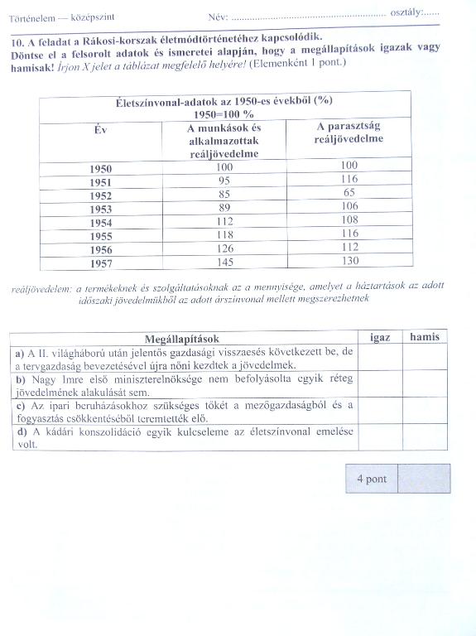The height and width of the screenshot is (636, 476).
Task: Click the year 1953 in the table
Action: [x=101, y=209]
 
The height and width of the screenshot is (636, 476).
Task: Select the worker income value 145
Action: [x=224, y=262]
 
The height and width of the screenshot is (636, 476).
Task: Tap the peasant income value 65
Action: [x=349, y=192]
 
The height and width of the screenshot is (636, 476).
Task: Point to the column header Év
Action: [x=101, y=130]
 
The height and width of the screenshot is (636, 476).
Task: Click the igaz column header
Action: [x=380, y=337]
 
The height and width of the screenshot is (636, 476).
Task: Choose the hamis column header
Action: [x=425, y=337]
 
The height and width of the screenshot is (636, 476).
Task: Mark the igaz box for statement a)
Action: [x=380, y=357]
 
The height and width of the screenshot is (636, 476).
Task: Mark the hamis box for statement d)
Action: [x=425, y=438]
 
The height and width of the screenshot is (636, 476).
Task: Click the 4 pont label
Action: [x=372, y=479]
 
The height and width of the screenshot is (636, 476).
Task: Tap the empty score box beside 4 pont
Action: [x=424, y=479]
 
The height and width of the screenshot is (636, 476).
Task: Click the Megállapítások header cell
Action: [x=181, y=338]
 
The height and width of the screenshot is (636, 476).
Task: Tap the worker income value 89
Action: [x=224, y=207]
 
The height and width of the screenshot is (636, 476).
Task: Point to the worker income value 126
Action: [x=224, y=248]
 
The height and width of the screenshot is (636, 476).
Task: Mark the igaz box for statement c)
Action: [x=380, y=411]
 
